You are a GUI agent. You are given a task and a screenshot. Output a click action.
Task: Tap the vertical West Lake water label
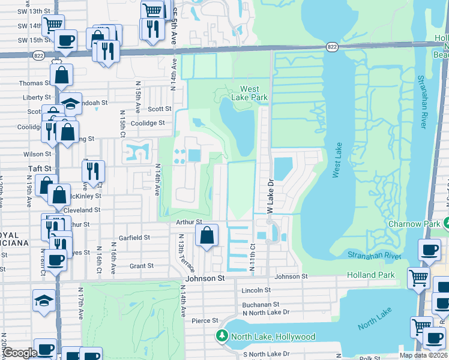pyautogui.click(x=336, y=163)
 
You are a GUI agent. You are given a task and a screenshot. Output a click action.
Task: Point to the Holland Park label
pyautogui.click(x=371, y=275)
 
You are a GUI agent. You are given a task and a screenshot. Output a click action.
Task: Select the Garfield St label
pyautogui.click(x=134, y=238)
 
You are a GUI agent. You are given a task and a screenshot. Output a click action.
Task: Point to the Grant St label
pyautogui.click(x=142, y=265)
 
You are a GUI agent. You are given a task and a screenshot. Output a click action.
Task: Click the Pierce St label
pyautogui.click(x=200, y=321)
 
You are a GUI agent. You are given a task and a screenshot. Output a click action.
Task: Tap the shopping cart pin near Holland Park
pyautogui.click(x=418, y=277)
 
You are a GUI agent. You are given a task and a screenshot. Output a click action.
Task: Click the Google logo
pyautogui.click(x=19, y=353)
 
